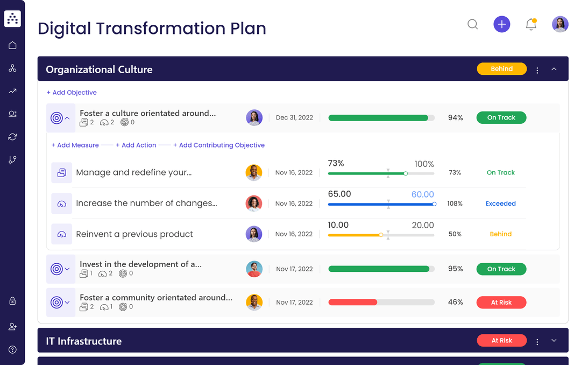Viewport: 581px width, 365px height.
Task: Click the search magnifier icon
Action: click(x=472, y=24)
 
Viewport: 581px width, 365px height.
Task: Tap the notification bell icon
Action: click(x=531, y=24)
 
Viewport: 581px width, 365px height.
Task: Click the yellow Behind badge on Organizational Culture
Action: click(x=501, y=69)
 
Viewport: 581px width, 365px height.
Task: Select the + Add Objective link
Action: click(x=72, y=93)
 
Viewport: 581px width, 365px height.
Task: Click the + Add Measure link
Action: click(x=75, y=145)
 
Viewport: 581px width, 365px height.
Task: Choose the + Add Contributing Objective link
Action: click(x=219, y=145)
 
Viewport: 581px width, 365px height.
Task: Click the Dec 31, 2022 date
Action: click(x=294, y=117)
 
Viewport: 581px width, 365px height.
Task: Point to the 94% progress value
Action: click(x=455, y=117)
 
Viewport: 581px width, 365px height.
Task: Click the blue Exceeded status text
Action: click(x=500, y=203)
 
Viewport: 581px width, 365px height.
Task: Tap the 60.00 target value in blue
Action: click(x=422, y=194)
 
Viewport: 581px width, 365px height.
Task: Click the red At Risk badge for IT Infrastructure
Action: click(x=501, y=340)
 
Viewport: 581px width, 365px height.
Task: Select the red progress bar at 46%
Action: click(x=353, y=303)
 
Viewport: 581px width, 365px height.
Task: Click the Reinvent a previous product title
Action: click(x=134, y=234)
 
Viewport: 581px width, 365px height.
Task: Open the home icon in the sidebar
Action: click(x=12, y=45)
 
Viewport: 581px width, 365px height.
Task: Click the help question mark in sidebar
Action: click(x=12, y=349)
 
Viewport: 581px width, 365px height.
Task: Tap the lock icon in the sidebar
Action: click(x=12, y=301)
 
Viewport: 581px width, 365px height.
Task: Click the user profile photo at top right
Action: click(x=560, y=24)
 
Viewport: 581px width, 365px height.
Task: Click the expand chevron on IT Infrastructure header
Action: click(x=554, y=340)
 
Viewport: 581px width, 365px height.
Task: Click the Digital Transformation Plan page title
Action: click(x=152, y=28)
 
